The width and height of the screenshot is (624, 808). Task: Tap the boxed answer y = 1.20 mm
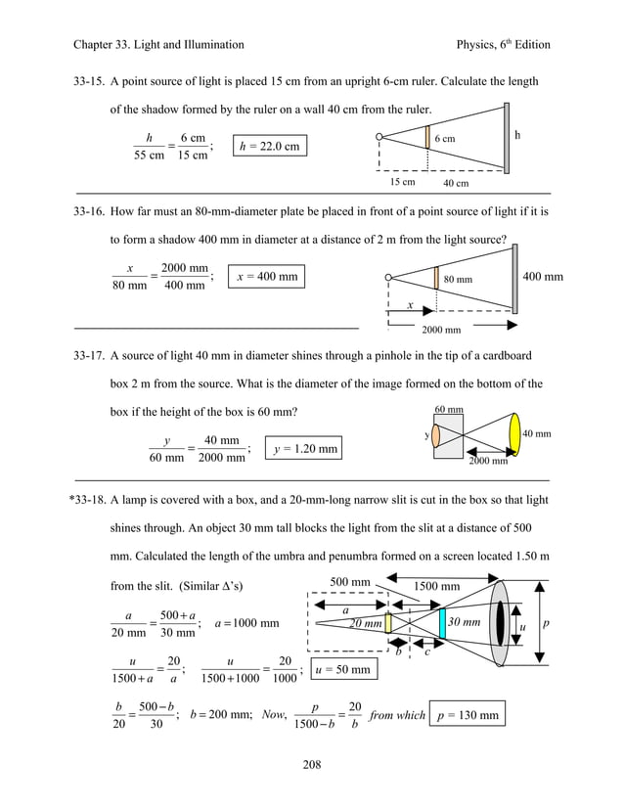click(305, 449)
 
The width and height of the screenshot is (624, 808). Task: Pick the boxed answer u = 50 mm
click(345, 670)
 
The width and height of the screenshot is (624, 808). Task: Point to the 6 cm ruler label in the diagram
click(444, 139)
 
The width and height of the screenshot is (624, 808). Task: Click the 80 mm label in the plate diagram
click(459, 280)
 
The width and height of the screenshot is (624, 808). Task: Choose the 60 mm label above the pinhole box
click(449, 409)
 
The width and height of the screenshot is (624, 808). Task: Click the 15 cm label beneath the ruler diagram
click(402, 182)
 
